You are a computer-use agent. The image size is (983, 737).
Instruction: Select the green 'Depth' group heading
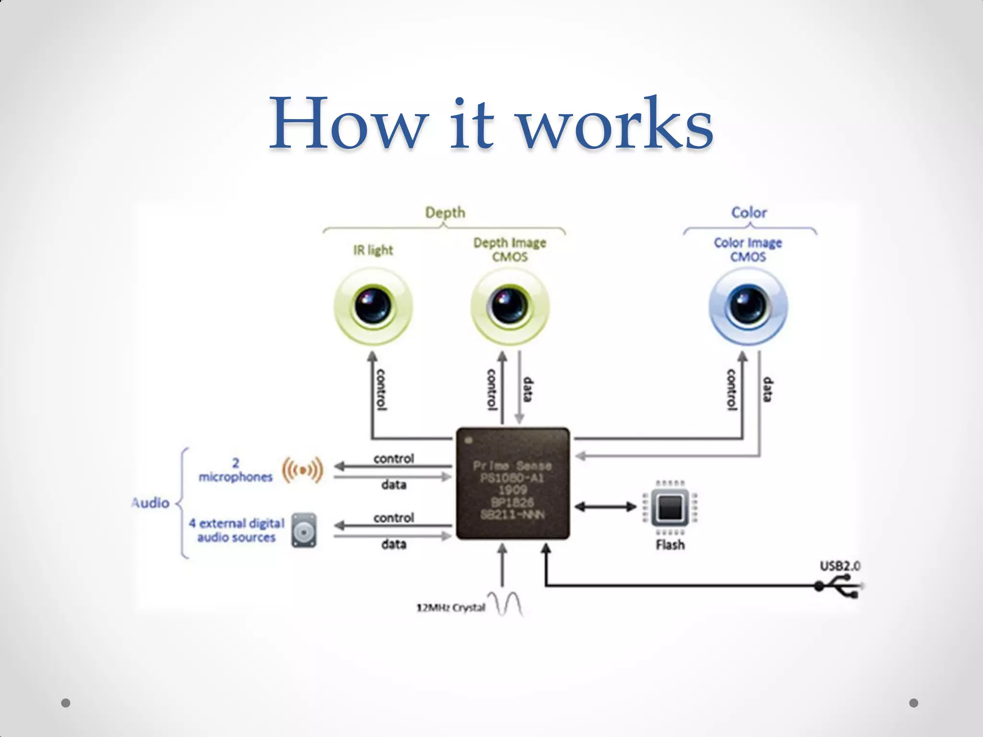(x=445, y=213)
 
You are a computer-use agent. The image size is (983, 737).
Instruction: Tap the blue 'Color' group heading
(x=749, y=213)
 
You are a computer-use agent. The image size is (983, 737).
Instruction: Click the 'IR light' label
(x=373, y=250)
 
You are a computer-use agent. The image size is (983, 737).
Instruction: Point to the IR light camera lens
(x=373, y=306)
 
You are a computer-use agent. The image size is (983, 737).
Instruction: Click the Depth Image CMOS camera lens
(x=510, y=306)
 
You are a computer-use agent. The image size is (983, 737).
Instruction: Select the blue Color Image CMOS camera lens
(x=748, y=306)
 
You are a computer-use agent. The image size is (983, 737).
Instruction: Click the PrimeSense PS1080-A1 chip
(x=513, y=484)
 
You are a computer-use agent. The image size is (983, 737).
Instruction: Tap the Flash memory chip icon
(x=670, y=507)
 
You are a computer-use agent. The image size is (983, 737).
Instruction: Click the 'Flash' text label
(x=670, y=545)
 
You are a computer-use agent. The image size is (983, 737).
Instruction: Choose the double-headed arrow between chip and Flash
(x=605, y=507)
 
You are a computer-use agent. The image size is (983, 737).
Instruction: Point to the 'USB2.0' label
(x=839, y=566)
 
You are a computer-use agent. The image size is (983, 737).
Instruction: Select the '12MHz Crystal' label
(x=451, y=608)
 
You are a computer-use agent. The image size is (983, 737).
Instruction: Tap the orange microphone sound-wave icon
(x=302, y=470)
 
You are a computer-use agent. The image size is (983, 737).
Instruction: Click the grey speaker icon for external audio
(x=304, y=531)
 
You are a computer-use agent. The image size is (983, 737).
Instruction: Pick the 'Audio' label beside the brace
(x=151, y=503)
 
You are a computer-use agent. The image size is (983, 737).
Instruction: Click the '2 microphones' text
(x=235, y=470)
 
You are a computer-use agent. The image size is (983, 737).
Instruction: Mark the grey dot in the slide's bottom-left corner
(x=66, y=703)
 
